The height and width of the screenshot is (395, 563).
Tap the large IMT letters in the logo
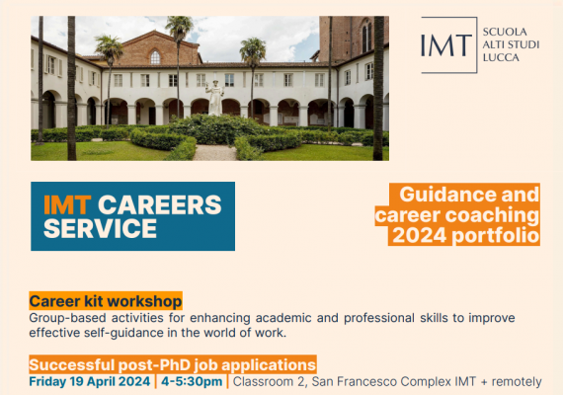tap(445, 45)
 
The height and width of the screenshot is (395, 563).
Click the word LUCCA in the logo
tap(501, 57)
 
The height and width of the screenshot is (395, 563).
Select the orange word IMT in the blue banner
tap(67, 205)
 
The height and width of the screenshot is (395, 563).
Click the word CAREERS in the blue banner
tap(160, 205)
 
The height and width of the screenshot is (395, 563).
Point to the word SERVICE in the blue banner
tap(100, 228)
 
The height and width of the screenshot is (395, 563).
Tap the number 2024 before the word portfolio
tap(420, 236)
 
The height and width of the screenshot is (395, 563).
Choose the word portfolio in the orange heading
tap(496, 236)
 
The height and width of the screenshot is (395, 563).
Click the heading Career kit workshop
tap(106, 301)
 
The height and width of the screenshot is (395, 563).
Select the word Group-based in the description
tap(67, 318)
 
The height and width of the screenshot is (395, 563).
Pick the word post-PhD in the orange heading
tap(154, 364)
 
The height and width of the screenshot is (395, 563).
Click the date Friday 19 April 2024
tap(90, 381)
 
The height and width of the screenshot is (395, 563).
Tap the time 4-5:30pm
tap(192, 381)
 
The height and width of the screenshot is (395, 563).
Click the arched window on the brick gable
tap(155, 57)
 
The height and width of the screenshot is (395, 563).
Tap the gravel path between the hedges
tap(214, 153)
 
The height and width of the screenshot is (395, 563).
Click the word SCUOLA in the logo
tap(505, 32)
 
